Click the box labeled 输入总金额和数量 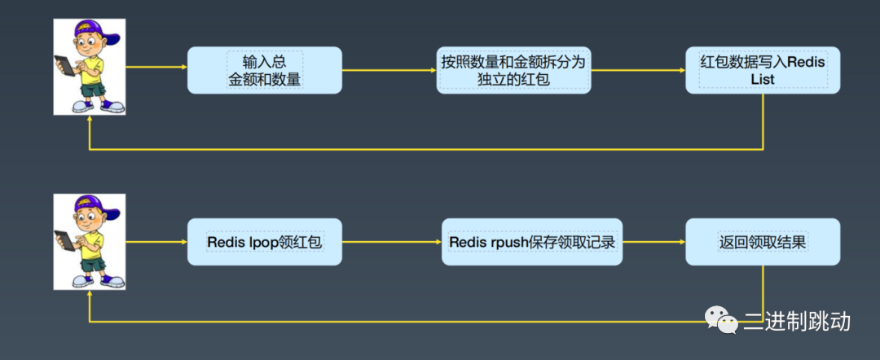coord(264,70)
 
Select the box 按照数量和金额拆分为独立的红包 coord(513,70)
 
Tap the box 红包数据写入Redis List coord(763,70)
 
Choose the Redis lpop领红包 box coord(264,242)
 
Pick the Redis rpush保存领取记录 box coord(532,242)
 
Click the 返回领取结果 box coord(763,242)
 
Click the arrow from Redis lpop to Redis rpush coord(392,242)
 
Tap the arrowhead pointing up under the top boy coord(89,121)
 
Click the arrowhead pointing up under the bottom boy coord(89,295)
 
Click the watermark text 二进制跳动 coord(796,321)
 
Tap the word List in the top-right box coord(763,80)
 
